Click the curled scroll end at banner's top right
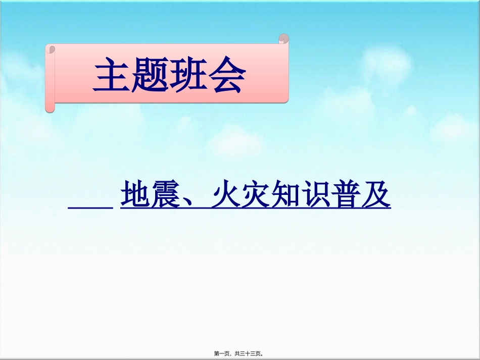284,39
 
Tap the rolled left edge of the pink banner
50,78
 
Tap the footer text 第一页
223,354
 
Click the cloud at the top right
387,63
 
